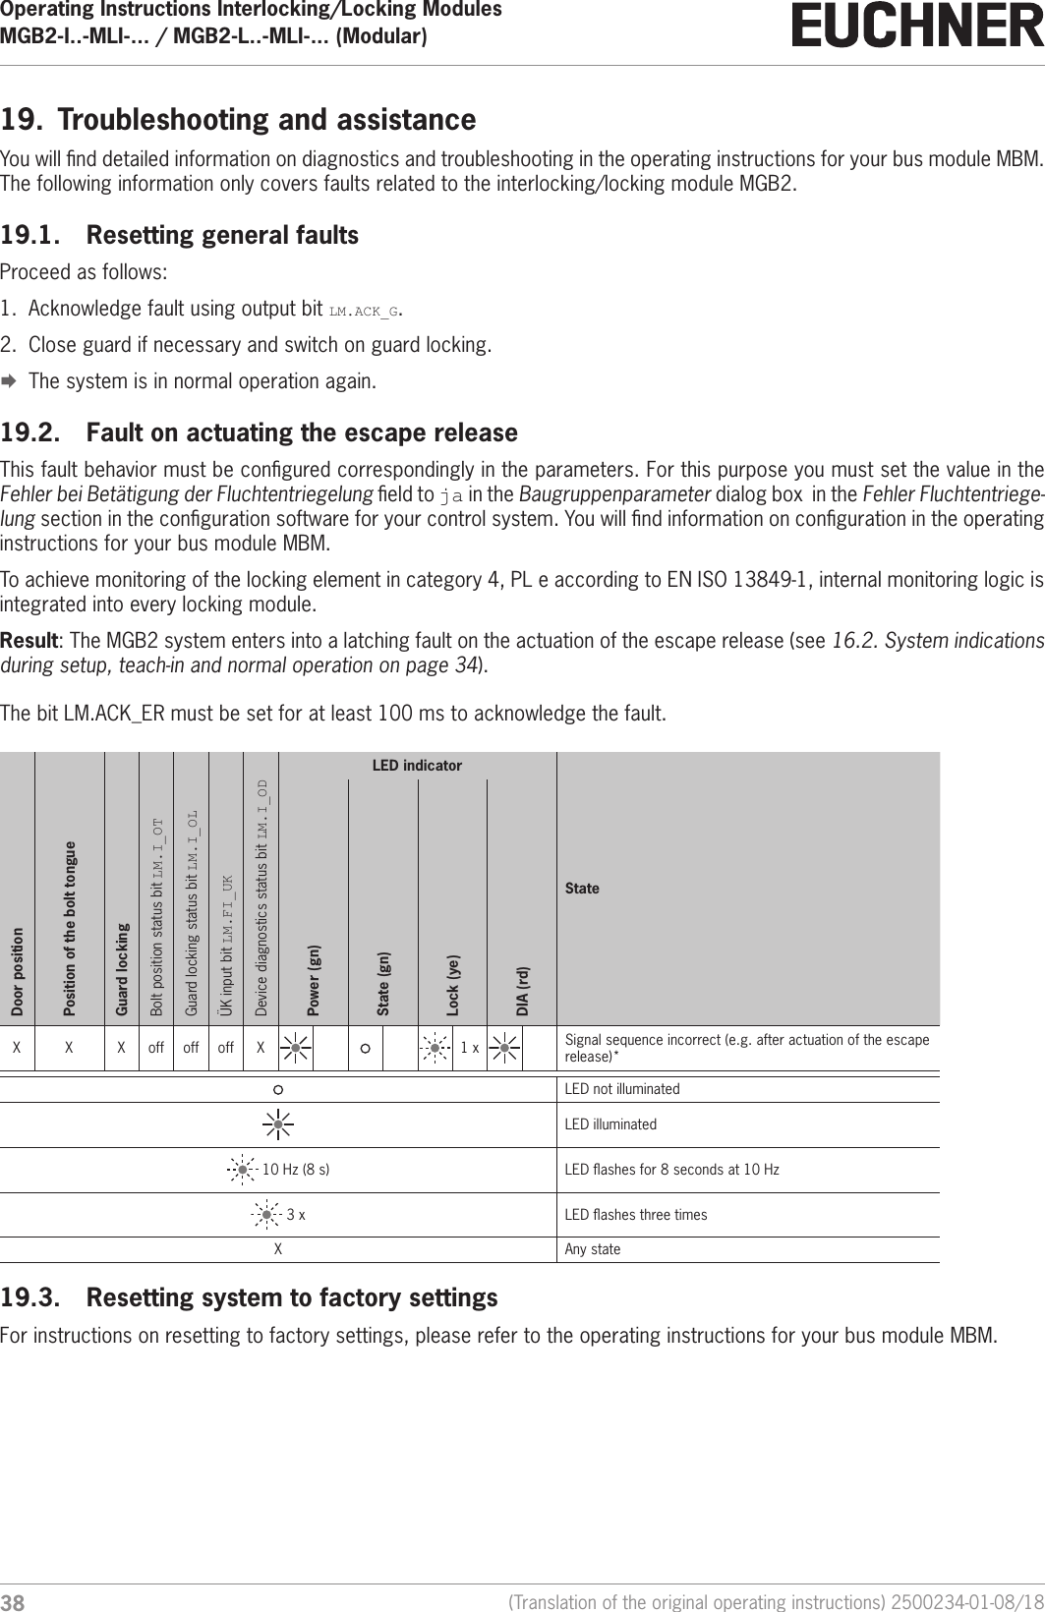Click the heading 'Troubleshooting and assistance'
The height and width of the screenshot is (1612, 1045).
pyautogui.click(x=266, y=120)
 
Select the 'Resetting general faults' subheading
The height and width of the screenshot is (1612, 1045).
pyautogui.click(x=222, y=236)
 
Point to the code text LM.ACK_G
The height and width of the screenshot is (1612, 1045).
pyautogui.click(x=364, y=312)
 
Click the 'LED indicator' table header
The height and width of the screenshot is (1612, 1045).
pyautogui.click(x=417, y=765)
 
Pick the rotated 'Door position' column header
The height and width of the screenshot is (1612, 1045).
pyautogui.click(x=18, y=971)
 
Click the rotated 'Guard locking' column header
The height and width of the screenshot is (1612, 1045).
pyautogui.click(x=122, y=969)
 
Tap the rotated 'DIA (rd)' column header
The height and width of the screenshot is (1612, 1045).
pyautogui.click(x=523, y=990)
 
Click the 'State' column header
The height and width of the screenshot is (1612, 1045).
pyautogui.click(x=582, y=889)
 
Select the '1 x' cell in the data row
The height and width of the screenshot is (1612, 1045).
pyautogui.click(x=469, y=1048)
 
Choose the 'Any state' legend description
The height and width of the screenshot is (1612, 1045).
pyautogui.click(x=592, y=1249)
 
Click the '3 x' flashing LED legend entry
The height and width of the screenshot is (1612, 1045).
pyautogui.click(x=295, y=1215)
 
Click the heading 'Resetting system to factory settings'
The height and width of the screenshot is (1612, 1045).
pyautogui.click(x=292, y=1298)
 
